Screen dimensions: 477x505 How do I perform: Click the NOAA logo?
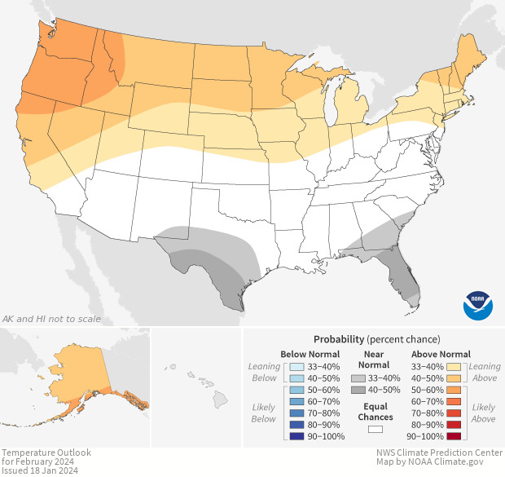pos(478,304)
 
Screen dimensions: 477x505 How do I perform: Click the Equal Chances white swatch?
pos(375,429)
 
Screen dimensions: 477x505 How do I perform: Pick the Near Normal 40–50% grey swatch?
pos(357,391)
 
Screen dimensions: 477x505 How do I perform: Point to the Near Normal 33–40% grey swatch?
pos(357,378)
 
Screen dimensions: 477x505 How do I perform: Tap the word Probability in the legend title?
pos(338,338)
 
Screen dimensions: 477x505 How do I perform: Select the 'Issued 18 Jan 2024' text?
pos(39,470)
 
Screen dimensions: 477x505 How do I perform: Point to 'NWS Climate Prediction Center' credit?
pos(438,453)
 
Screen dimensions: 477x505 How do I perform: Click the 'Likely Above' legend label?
pos(483,413)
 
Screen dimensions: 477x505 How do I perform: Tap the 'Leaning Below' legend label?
pos(264,372)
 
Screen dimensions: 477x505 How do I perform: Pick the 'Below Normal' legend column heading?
pos(310,354)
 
